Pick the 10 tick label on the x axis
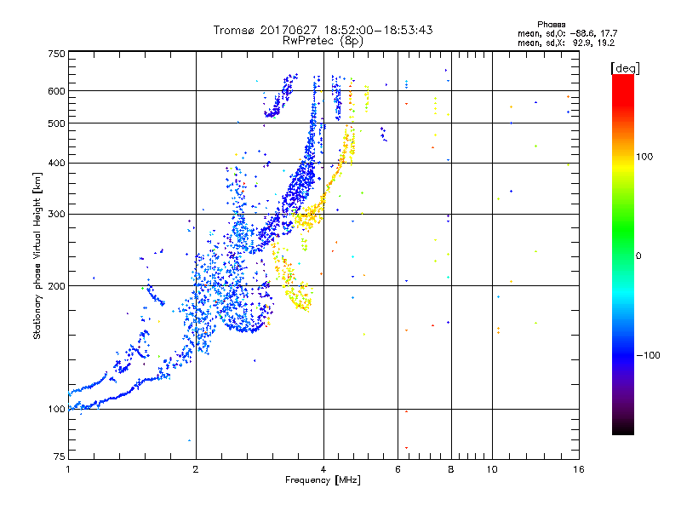tap(491, 468)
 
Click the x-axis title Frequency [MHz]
tap(323, 480)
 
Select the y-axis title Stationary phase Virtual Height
tap(37, 256)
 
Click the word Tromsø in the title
tap(234, 30)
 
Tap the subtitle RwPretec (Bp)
tap(323, 40)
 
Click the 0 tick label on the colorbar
tap(638, 255)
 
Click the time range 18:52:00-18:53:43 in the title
tap(375, 30)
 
